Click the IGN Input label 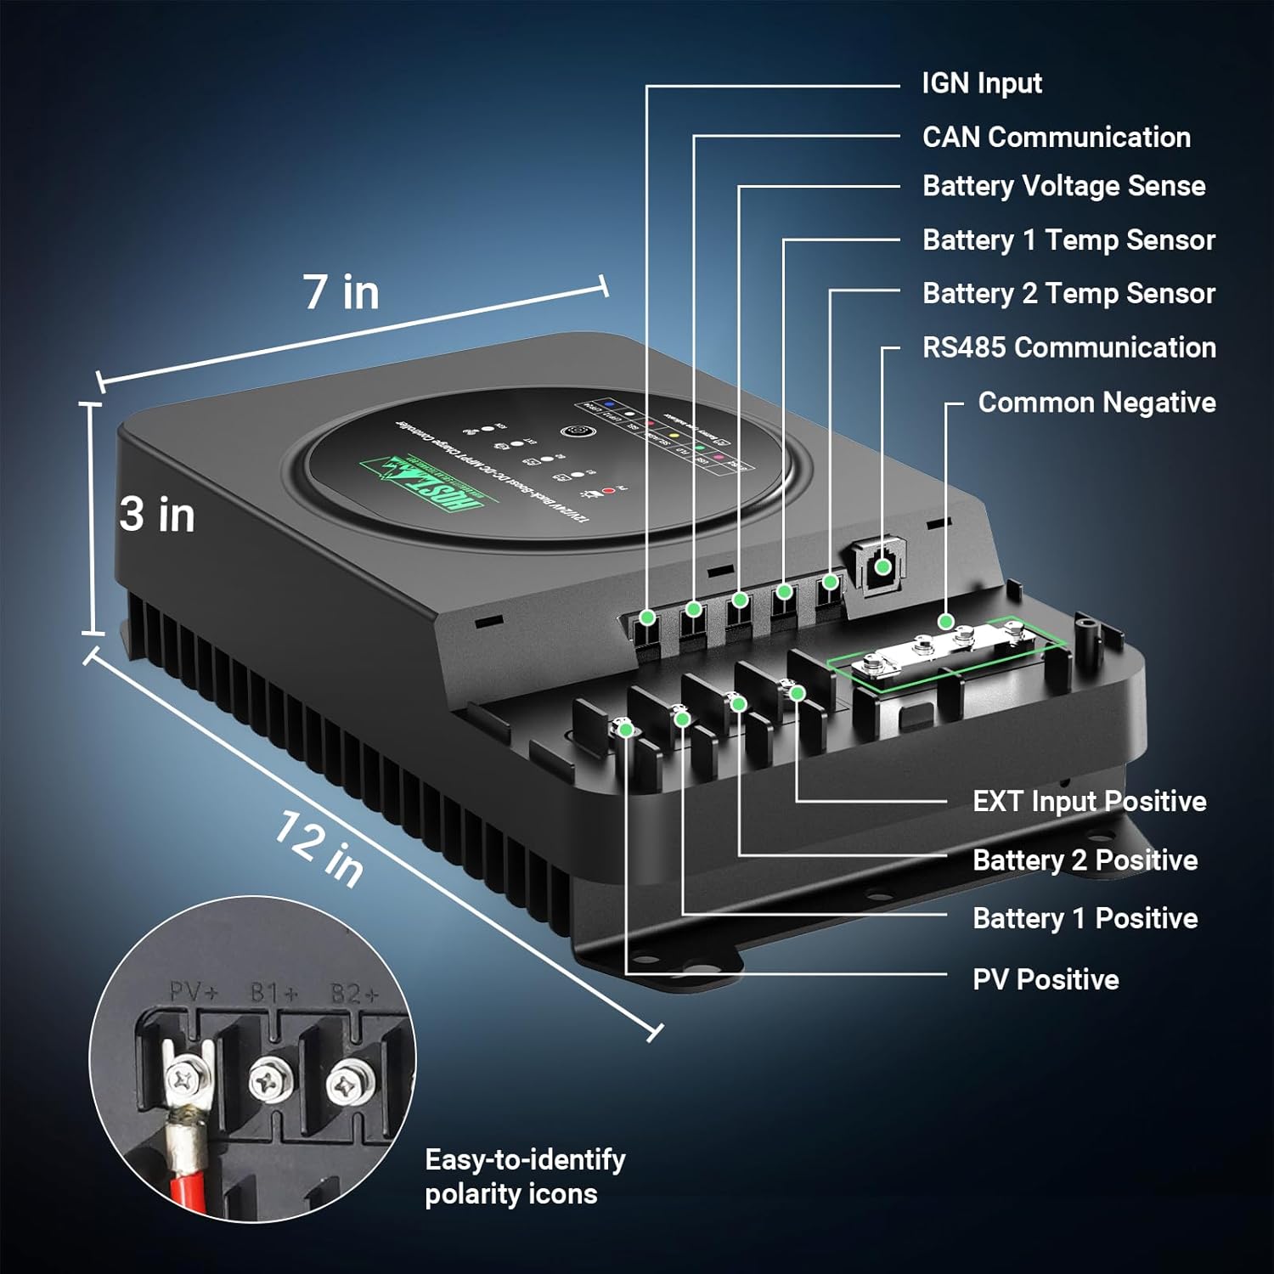point(982,83)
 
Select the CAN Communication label point(1056,137)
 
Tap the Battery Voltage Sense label point(1063,186)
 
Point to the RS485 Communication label point(1068,347)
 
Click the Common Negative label point(1096,403)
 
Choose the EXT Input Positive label point(1089,802)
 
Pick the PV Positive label point(1046,980)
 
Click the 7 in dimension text point(341,292)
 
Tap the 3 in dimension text point(157,515)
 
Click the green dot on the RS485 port point(882,567)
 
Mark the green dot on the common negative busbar point(945,622)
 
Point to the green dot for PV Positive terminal point(626,729)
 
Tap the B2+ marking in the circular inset point(354,993)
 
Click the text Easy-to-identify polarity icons point(525,1177)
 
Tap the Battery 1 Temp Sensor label point(1068,240)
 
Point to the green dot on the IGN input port point(647,617)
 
